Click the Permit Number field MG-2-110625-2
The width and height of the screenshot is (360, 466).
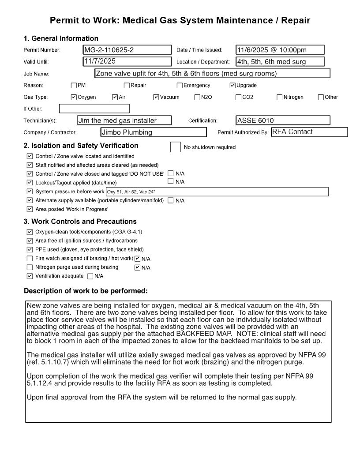pyautogui.click(x=127, y=50)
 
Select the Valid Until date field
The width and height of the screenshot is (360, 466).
pyautogui.click(x=127, y=62)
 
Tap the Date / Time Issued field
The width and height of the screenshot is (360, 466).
pyautogui.click(x=280, y=50)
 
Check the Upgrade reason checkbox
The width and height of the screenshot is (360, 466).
pyautogui.click(x=232, y=86)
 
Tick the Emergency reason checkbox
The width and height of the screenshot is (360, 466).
pyautogui.click(x=180, y=86)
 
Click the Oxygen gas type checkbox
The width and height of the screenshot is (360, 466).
pyautogui.click(x=74, y=97)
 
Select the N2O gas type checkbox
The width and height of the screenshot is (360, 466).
pyautogui.click(x=197, y=97)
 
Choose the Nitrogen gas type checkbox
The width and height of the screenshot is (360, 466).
pyautogui.click(x=280, y=97)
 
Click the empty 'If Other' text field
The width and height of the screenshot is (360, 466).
pyautogui.click(x=94, y=109)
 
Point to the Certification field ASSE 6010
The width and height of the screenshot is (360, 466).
pyautogui.click(x=283, y=120)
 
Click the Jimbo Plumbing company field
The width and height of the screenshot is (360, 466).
pyautogui.click(x=154, y=132)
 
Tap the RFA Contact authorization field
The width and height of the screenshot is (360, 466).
pyautogui.click(x=309, y=132)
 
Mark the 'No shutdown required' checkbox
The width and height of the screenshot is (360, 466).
pyautogui.click(x=175, y=147)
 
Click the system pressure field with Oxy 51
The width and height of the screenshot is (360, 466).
pyautogui.click(x=217, y=192)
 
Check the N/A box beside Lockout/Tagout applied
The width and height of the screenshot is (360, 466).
pyautogui.click(x=171, y=181)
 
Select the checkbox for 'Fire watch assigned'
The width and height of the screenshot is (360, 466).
pyautogui.click(x=30, y=259)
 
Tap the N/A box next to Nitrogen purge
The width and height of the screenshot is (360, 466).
pyautogui.click(x=138, y=267)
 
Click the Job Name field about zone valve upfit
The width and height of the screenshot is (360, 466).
pyautogui.click(x=212, y=74)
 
